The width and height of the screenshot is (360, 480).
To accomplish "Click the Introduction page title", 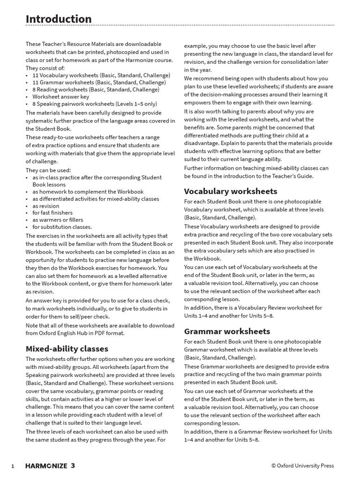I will (x=59, y=19).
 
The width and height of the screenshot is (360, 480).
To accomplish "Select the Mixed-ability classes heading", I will (x=67, y=349).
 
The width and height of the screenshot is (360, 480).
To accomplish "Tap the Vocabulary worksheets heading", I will (x=231, y=191).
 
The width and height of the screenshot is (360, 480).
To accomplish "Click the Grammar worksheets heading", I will (x=227, y=331).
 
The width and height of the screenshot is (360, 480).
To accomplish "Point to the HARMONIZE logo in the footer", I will (x=45, y=466).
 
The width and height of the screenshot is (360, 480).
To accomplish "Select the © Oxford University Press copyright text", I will (x=302, y=466).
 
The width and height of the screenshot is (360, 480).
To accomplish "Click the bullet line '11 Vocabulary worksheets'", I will (x=94, y=75).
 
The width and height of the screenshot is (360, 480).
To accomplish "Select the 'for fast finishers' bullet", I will (x=52, y=213).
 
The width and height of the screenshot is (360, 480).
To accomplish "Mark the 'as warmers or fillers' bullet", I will (x=58, y=220).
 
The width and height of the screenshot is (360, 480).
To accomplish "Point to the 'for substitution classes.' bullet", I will (x=62, y=227).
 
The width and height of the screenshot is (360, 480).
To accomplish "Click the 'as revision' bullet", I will (x=45, y=206).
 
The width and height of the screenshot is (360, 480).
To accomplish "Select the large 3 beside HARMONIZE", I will (x=73, y=465).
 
